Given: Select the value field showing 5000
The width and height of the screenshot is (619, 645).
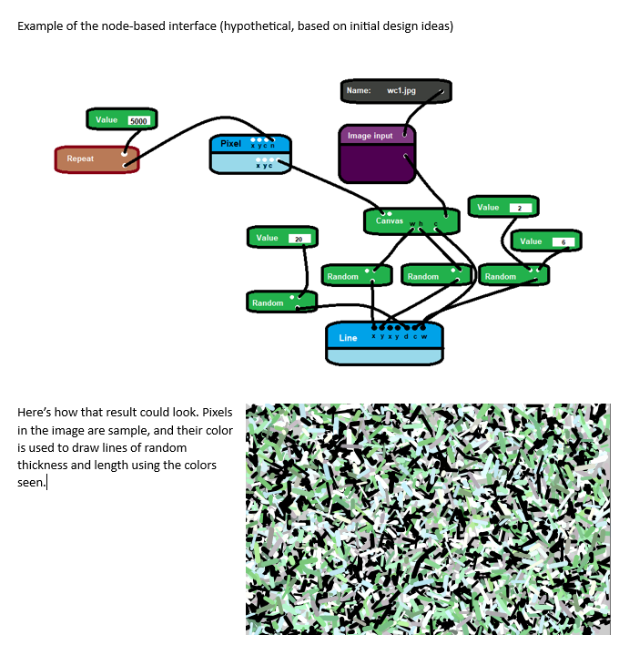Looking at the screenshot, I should tap(139, 121).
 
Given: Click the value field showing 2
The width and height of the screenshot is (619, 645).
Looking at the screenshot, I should tap(519, 208).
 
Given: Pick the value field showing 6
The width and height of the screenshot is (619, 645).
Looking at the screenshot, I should tap(563, 242).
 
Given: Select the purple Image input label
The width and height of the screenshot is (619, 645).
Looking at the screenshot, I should tap(370, 136).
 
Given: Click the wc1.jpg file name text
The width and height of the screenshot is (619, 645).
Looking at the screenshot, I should tap(401, 91).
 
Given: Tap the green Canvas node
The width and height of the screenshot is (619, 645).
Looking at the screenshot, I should tap(391, 220).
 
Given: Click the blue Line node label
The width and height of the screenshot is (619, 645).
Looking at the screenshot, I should tap(349, 338).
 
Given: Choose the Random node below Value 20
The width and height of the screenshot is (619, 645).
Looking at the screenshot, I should tap(269, 302).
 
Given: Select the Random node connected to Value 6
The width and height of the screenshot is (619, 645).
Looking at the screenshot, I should tap(502, 276).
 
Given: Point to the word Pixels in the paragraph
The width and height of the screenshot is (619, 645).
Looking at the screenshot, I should tap(215, 413).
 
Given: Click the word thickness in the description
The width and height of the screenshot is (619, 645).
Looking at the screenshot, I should tap(46, 465).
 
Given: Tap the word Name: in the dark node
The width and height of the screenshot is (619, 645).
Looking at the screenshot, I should tap(359, 91).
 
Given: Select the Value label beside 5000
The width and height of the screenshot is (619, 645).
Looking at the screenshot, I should tap(107, 120).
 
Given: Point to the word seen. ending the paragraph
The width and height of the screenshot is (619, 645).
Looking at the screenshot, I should tap(31, 482).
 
